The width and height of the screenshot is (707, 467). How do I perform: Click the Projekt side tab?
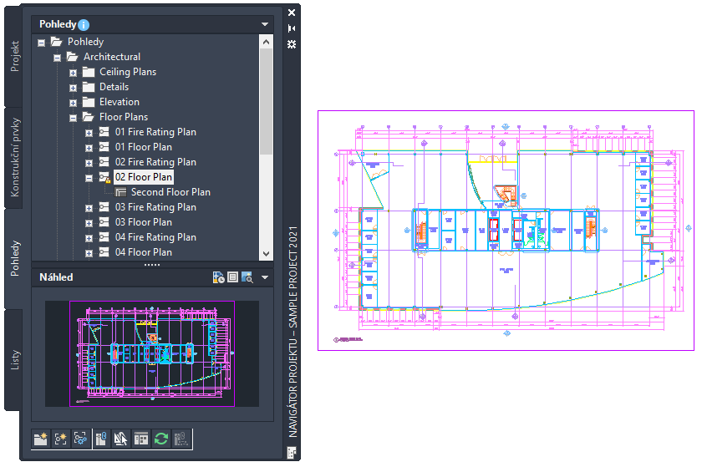click(15, 57)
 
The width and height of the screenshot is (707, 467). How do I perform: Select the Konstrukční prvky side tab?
click(15, 159)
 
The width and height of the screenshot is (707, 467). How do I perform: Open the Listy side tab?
click(15, 360)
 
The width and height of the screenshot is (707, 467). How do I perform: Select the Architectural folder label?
click(111, 57)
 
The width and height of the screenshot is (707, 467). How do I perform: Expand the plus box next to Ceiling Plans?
click(74, 73)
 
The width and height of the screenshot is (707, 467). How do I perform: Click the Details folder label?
click(114, 87)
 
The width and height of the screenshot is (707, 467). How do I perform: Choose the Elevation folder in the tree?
click(119, 102)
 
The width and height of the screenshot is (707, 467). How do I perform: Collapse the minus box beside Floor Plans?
click(74, 118)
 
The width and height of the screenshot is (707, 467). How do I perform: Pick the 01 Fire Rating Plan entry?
click(155, 132)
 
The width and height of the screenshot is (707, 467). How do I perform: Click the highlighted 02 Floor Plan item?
click(144, 177)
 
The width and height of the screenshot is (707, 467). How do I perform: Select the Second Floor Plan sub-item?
click(170, 192)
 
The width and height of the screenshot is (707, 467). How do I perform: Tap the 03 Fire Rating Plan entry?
click(155, 207)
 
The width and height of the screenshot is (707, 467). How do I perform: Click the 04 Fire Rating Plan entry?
click(155, 237)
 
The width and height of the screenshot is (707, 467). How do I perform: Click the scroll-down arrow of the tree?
click(266, 252)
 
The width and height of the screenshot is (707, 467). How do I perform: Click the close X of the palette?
click(292, 13)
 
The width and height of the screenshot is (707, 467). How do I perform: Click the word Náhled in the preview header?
click(56, 277)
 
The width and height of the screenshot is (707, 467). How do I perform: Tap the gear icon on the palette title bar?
click(292, 43)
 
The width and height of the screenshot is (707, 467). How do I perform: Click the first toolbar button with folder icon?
click(40, 438)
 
